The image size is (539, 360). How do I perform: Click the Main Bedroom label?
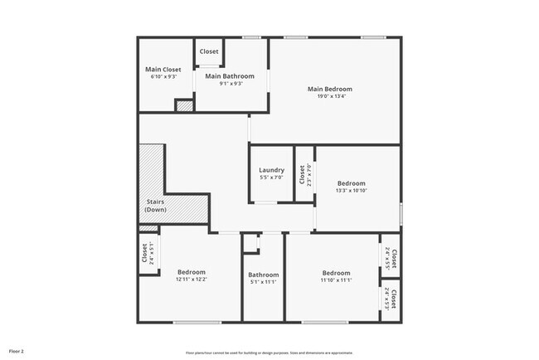point(329,89)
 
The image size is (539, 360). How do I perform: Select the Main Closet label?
point(163,70)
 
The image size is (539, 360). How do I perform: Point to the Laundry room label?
point(272,170)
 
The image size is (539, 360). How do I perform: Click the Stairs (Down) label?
point(156,206)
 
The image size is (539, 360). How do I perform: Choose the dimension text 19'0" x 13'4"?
point(329,96)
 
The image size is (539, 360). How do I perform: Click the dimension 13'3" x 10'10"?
point(351,191)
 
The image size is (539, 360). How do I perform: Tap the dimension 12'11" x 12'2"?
point(192,280)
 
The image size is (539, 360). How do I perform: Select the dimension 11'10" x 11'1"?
point(336,280)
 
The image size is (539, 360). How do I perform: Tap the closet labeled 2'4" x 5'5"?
point(391,260)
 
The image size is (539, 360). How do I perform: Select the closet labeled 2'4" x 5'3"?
point(391,299)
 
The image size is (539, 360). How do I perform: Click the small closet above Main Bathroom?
point(209,51)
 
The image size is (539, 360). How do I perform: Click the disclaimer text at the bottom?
point(269,353)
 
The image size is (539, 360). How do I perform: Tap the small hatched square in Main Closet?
point(183,105)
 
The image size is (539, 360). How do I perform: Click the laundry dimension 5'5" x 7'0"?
point(272,178)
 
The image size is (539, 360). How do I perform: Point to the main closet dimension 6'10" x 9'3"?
point(163,77)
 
